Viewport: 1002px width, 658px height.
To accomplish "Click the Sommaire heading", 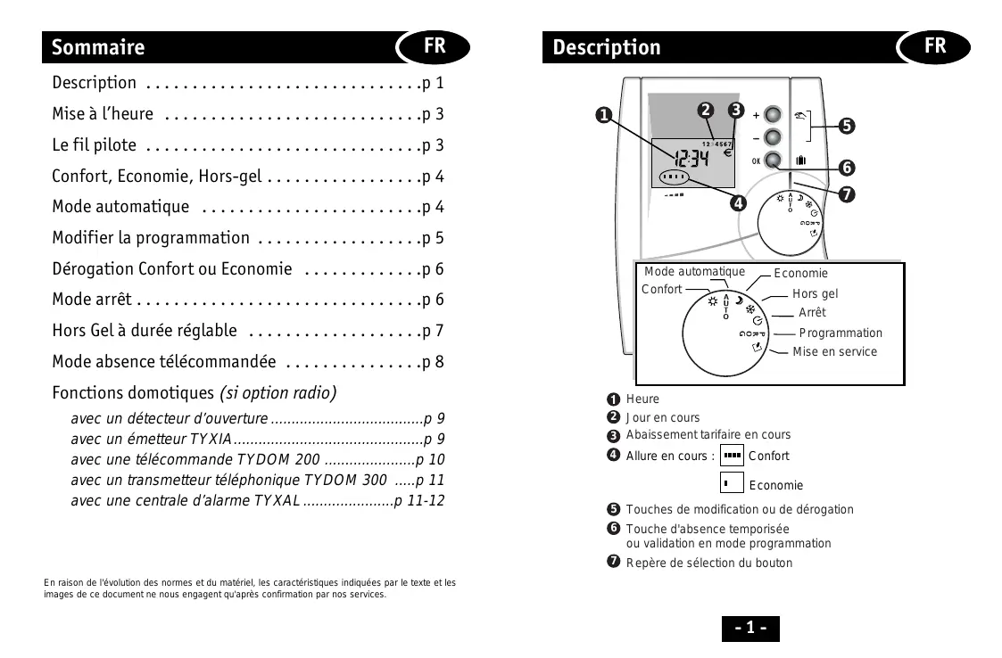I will click(98, 47).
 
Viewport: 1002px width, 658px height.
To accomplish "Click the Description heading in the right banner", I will click(607, 47).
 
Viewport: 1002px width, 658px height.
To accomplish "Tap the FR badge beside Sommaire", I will click(435, 45).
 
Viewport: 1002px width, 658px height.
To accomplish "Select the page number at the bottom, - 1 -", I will click(749, 628).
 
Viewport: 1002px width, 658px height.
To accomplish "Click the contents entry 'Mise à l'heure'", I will click(103, 114).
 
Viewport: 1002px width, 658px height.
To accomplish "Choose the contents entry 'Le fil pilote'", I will click(95, 145).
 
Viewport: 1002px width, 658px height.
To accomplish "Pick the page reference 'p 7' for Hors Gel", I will click(433, 331).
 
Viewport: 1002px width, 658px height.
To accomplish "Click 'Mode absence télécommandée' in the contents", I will click(163, 362).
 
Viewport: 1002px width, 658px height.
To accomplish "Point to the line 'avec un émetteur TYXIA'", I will click(152, 439).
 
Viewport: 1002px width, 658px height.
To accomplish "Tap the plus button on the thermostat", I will click(773, 115).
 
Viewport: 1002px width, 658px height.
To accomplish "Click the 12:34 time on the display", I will click(691, 160).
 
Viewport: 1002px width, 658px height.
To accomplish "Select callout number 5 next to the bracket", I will click(846, 126).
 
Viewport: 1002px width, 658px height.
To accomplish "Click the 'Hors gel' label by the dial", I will click(815, 293).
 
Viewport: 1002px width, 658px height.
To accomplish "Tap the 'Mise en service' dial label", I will click(834, 351).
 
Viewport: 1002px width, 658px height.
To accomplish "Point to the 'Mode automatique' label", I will click(694, 272).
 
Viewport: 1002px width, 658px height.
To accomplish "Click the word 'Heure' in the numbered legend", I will click(642, 399).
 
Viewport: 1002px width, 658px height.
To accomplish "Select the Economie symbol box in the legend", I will click(732, 483).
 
